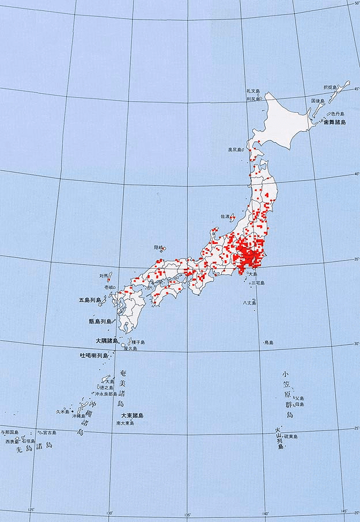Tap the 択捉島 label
coord(331,87)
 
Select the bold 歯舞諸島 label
coord(335,123)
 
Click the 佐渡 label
coord(225,216)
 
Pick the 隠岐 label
coord(158,247)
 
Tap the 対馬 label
coord(104,276)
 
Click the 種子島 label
coord(138,342)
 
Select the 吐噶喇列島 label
coord(94,356)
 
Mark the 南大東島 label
coord(125,423)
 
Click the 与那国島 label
coord(9,432)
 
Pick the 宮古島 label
coord(49,432)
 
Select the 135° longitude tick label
coord(187,515)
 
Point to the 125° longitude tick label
coord(31,509)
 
